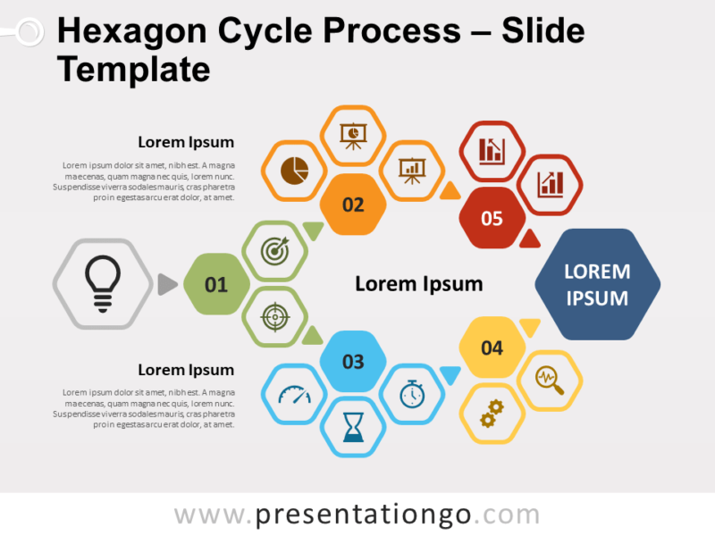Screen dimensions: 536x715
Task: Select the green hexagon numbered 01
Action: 216,285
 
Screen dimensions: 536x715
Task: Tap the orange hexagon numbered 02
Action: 353,205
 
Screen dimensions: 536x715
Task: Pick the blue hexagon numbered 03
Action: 353,361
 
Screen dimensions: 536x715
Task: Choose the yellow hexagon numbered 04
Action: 492,348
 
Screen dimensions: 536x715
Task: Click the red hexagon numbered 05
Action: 492,217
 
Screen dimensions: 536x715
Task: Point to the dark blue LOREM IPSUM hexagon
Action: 597,285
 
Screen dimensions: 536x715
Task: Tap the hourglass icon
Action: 353,429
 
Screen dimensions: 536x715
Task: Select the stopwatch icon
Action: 411,394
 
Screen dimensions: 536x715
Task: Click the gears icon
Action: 492,413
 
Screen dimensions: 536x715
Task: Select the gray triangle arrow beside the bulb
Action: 166,284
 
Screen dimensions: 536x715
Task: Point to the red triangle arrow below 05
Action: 530,238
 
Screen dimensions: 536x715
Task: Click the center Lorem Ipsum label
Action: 418,284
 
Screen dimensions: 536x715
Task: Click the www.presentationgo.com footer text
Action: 357,515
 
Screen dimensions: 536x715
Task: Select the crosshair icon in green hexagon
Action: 275,317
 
